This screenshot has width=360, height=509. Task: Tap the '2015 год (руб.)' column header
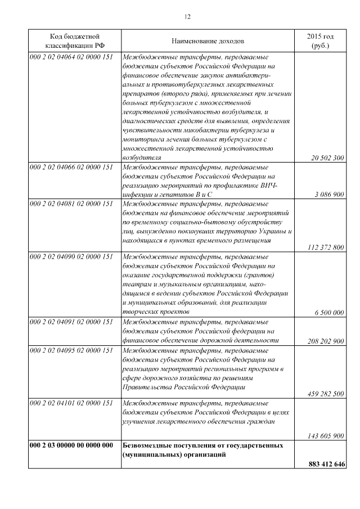click(319, 41)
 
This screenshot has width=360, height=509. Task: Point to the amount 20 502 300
click(327, 158)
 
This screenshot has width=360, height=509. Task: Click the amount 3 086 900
click(329, 195)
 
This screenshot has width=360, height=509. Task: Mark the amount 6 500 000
click(329, 312)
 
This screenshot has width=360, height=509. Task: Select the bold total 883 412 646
click(326, 465)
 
